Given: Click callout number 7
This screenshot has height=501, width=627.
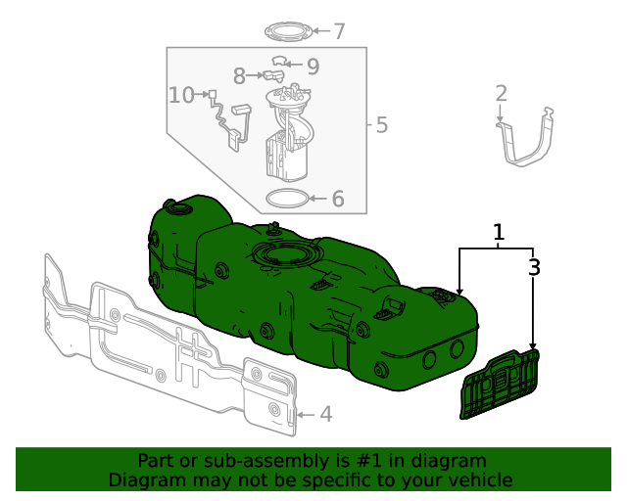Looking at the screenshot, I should coord(339,31).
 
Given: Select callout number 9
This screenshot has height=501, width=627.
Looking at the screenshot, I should coord(313,67).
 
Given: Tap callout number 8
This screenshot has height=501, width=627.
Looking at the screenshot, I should coord(239,75).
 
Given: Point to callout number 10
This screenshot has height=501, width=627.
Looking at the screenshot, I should coord(181,95).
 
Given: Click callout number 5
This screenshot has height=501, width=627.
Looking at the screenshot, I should coord(381,125).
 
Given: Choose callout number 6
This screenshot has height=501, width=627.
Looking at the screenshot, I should coord(338,199).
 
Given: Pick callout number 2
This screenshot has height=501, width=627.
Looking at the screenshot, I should coord(501,94).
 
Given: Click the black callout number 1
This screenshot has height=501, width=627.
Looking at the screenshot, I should coord(499,232).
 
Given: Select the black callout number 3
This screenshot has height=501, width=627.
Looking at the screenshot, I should coord(534,266).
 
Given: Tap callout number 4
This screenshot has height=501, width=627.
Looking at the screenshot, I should coord(325,415).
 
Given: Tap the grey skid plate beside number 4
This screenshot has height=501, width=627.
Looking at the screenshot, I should coord(167,342).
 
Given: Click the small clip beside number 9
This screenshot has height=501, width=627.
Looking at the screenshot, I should coord(280,63).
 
